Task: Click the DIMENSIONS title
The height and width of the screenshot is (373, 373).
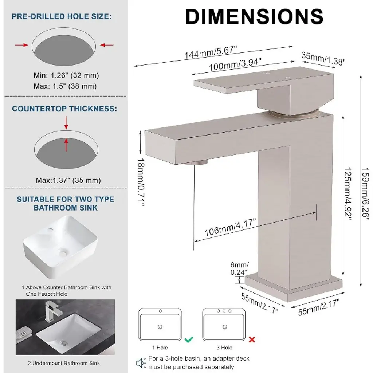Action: [254, 16]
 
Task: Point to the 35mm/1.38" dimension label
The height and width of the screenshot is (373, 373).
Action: [323, 59]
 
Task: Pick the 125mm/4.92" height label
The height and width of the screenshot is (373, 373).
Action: [348, 193]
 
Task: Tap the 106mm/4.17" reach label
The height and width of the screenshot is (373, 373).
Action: [230, 227]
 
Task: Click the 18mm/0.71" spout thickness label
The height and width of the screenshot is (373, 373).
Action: [141, 182]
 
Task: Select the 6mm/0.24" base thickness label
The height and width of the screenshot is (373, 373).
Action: [239, 268]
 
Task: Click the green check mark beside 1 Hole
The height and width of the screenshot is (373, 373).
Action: [189, 339]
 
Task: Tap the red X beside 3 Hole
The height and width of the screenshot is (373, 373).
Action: [252, 339]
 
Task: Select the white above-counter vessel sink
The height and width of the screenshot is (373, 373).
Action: [60, 247]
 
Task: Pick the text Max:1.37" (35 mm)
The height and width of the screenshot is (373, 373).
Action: [68, 180]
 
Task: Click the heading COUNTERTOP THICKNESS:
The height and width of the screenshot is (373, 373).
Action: [64, 109]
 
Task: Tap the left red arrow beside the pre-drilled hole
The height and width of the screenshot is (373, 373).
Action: [21, 45]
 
